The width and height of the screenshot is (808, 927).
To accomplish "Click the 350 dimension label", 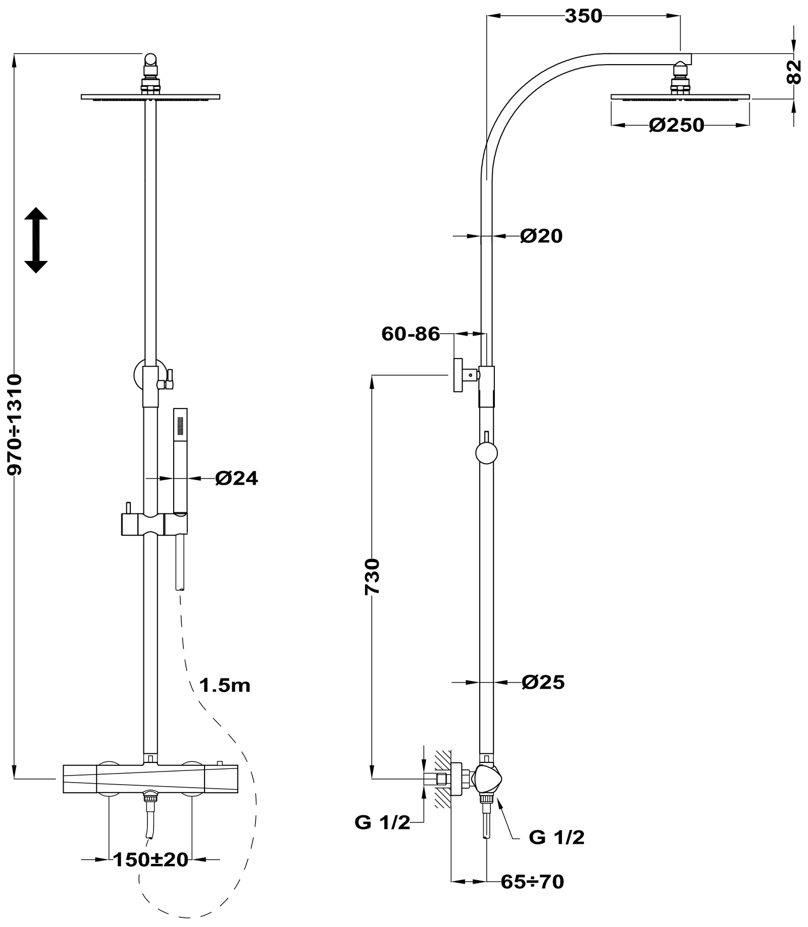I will (583, 16).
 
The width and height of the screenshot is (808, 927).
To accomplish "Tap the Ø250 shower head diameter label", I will (676, 125).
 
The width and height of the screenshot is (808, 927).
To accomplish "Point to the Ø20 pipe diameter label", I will (541, 236).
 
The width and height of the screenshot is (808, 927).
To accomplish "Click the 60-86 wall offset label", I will (411, 334).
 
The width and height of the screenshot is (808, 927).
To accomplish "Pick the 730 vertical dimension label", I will (372, 577).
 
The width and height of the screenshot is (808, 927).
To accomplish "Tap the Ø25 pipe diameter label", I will (543, 683).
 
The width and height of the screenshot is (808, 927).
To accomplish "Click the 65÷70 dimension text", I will (532, 882).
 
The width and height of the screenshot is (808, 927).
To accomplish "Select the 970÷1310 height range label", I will (15, 424).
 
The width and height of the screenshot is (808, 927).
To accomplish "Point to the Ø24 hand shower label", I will (236, 478).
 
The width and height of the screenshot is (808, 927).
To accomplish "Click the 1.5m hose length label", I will (225, 686).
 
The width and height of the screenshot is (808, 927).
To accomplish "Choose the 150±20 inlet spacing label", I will (150, 859).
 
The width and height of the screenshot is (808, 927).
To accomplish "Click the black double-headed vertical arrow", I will (36, 240).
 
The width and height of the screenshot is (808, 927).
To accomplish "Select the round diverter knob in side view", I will (486, 453).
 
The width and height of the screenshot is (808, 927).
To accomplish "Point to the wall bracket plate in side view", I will (458, 375).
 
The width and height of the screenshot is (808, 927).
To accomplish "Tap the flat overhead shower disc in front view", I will (150, 96).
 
